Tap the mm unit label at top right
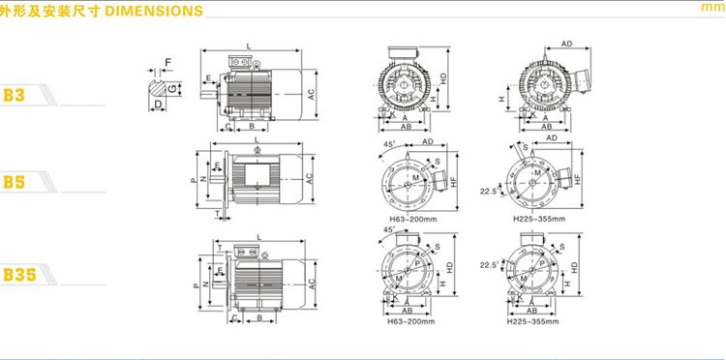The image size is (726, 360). (711, 10)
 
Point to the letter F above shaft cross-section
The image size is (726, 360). (167, 63)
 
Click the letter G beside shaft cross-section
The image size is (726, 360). (172, 89)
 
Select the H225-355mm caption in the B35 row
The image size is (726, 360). (532, 321)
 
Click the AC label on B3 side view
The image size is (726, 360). (311, 94)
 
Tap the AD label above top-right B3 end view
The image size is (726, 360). (565, 45)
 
